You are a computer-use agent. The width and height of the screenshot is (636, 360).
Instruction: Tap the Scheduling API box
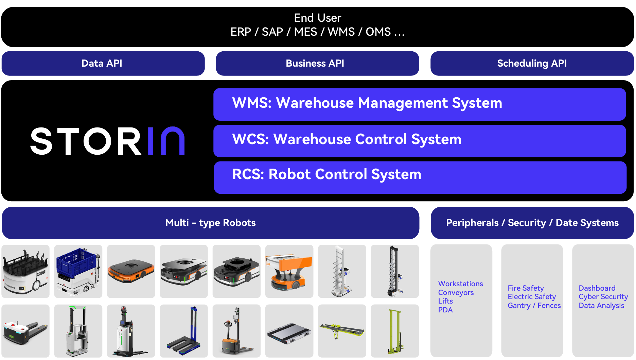532,64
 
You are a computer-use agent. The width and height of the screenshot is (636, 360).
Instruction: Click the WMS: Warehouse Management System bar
419,104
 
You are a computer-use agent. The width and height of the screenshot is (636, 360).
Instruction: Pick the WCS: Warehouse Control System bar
419,140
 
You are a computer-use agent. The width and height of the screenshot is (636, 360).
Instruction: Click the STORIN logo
107,141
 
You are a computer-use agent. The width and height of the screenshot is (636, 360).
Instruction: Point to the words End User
317,18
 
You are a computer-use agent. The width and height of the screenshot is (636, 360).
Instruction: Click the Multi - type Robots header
210,223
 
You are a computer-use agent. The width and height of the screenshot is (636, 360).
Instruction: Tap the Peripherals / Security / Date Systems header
532,223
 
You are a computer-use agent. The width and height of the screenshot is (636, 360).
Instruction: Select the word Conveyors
456,293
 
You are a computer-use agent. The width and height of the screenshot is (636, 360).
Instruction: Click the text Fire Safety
526,288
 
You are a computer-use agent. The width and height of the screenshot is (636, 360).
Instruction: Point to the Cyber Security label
603,297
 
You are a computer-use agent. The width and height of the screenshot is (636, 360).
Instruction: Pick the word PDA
445,310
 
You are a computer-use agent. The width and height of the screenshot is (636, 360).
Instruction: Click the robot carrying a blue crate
78,271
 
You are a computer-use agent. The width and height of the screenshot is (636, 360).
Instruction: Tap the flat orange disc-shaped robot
131,271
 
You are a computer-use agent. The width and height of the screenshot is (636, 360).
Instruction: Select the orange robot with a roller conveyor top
289,271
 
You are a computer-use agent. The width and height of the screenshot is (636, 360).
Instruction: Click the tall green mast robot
395,331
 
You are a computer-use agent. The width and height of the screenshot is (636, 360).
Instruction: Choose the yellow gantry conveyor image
342,331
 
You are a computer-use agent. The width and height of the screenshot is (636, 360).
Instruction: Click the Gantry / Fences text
534,306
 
